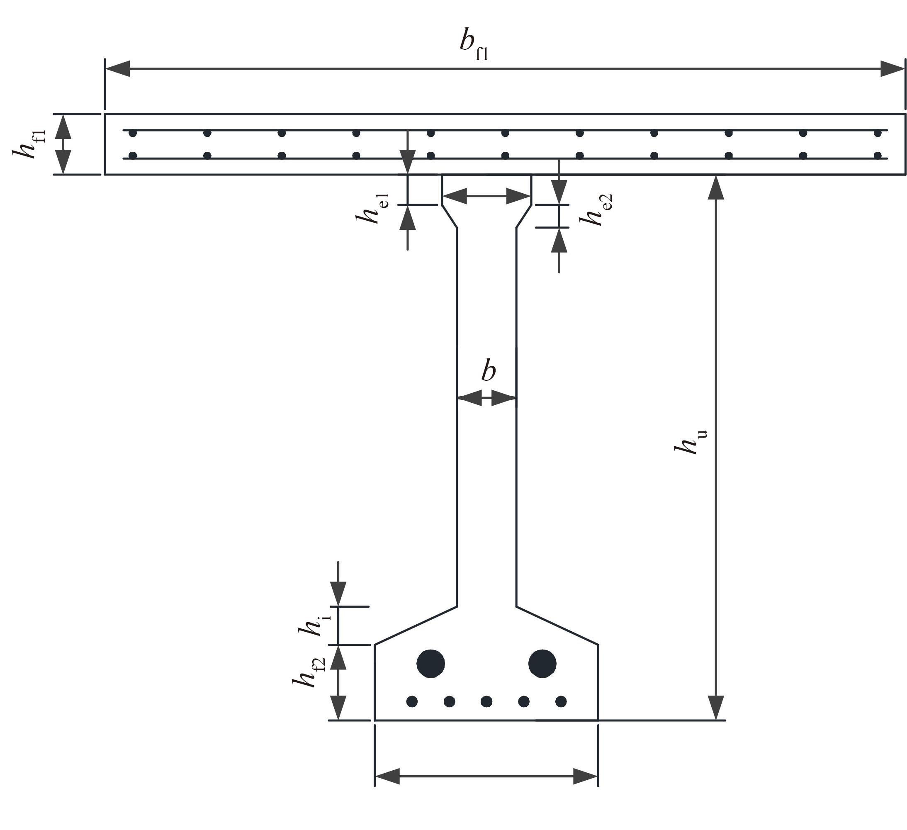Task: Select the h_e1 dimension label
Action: coord(372,209)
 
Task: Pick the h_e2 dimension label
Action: coord(596,209)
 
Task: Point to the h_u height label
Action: coord(691,442)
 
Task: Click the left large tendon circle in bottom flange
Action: coord(430,663)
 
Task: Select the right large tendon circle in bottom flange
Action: coord(542,663)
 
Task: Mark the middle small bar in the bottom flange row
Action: coord(486,701)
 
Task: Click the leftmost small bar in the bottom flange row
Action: coord(412,701)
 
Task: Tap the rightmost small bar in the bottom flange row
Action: coord(561,701)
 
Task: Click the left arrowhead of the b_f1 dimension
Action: coord(117,69)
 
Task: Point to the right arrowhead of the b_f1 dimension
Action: coord(892,69)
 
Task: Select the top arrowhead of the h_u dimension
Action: coord(716,187)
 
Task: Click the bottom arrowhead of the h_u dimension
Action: coord(716,708)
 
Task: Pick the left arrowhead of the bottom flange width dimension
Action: coord(387,776)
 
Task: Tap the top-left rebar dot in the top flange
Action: coord(133,133)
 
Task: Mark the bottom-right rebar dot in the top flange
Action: coord(877,156)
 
